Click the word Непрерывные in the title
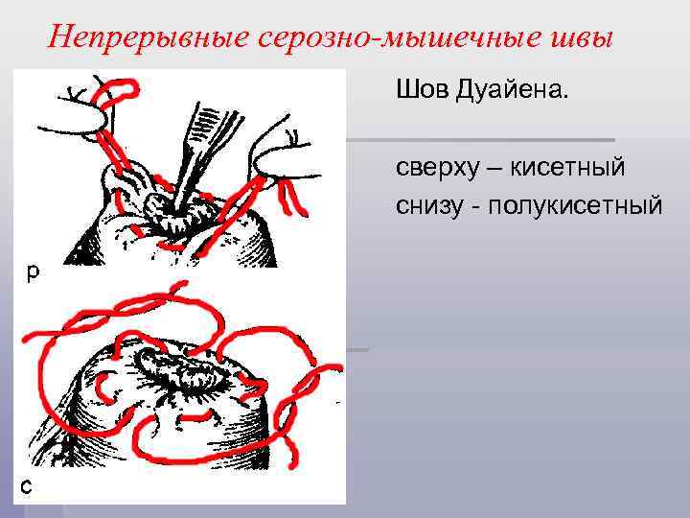(x=148, y=37)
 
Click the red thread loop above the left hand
(x=121, y=89)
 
